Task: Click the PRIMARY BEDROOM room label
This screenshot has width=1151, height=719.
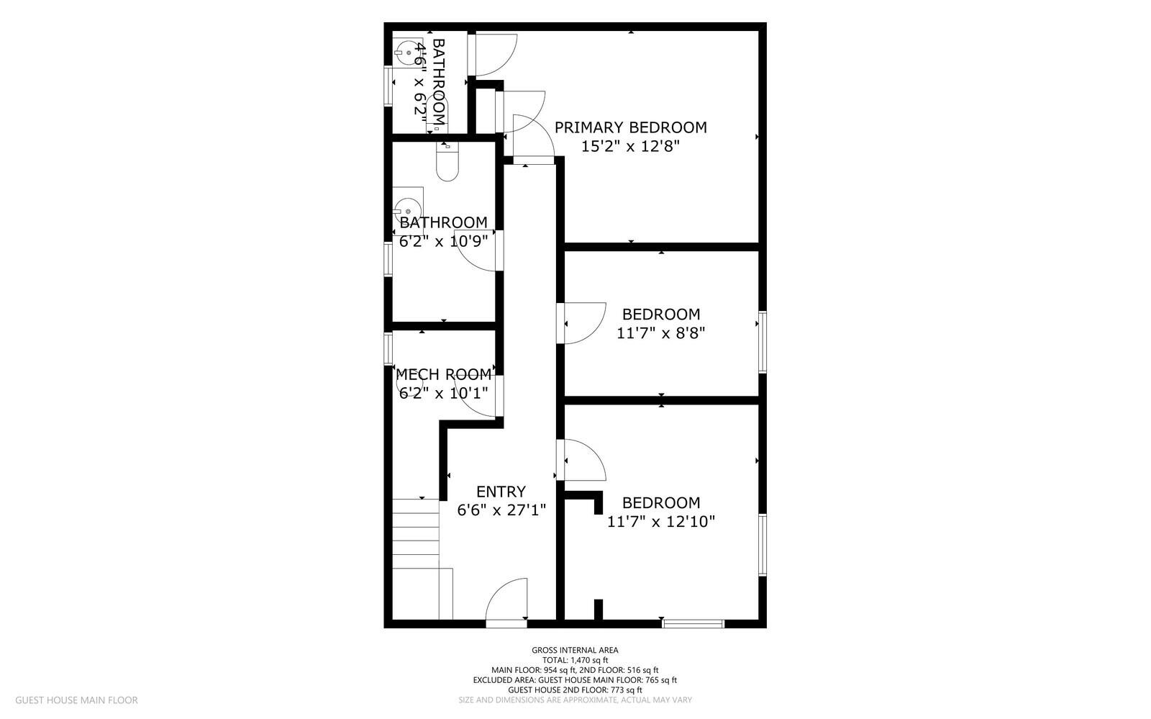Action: click(630, 127)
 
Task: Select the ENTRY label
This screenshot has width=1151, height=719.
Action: click(501, 492)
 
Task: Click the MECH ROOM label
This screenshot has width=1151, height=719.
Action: click(443, 374)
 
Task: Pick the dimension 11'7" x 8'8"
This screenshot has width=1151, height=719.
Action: click(660, 333)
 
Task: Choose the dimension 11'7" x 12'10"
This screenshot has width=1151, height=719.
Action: click(660, 522)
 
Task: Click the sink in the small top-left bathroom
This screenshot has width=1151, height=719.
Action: click(406, 52)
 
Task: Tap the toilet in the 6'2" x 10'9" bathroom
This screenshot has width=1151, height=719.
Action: click(447, 163)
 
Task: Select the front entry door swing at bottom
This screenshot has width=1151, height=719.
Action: click(508, 601)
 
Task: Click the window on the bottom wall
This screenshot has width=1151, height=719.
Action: click(693, 623)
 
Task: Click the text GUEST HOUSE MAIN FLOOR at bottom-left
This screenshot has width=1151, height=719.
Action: click(76, 700)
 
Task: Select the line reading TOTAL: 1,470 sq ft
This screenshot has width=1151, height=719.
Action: click(575, 660)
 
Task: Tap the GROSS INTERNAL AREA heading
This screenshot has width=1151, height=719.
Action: click(575, 650)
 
